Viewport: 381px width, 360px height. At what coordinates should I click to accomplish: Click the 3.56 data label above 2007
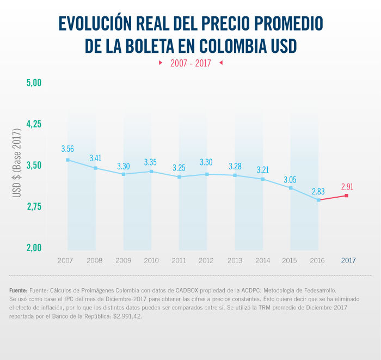(67, 149)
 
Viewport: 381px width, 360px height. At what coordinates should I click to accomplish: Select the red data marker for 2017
(347, 196)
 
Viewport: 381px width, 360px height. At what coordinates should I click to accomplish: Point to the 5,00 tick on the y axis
(34, 83)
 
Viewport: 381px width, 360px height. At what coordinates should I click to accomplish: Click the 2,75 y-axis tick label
(34, 207)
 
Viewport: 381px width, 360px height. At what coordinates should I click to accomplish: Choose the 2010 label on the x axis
(151, 260)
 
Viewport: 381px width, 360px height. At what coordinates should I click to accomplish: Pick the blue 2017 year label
(348, 260)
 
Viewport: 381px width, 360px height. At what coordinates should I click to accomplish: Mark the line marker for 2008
(95, 168)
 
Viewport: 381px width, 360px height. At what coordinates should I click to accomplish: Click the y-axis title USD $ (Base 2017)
(17, 164)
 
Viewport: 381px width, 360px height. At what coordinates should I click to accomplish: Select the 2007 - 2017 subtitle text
(190, 63)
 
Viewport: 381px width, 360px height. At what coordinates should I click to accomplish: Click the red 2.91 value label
(347, 186)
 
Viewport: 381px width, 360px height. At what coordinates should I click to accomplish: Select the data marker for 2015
(291, 188)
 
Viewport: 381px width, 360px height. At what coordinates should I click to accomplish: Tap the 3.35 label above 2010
(151, 162)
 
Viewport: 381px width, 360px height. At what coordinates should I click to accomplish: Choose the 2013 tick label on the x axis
(235, 260)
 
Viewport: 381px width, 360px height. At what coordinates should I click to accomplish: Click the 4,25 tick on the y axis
(34, 124)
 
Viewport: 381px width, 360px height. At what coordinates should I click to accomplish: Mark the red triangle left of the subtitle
(160, 63)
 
